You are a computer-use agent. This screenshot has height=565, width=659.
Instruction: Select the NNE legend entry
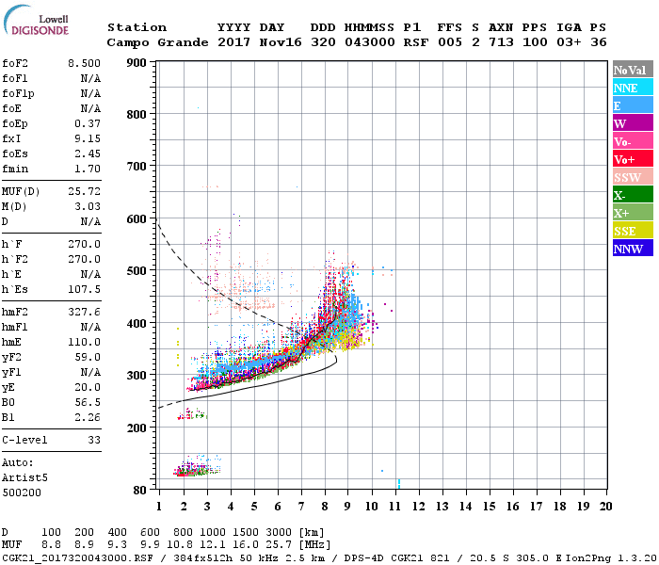coord(632,88)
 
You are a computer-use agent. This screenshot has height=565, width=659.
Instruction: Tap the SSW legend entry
coord(632,177)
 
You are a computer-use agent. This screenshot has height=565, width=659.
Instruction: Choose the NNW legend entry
coord(632,249)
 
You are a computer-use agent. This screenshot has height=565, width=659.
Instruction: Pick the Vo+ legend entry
coord(632,159)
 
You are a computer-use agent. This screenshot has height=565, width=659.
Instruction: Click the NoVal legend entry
coord(632,70)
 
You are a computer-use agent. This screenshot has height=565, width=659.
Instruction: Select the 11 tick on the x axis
coord(395,507)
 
